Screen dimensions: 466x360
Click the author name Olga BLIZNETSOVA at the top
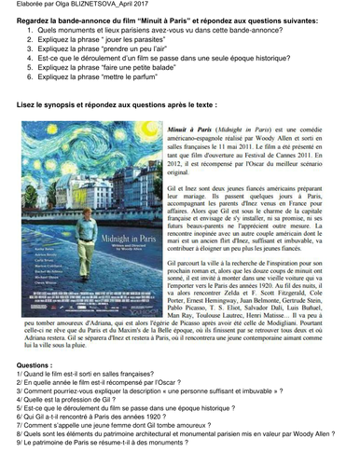[89, 6]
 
